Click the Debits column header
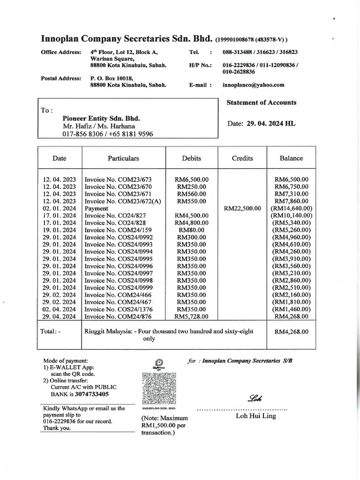pos(191,158)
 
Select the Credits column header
pos(242,158)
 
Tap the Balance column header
pos(291,158)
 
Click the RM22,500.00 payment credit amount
pos(242,208)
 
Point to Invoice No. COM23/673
pos(118,180)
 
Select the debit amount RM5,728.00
pos(191,317)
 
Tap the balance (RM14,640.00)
pos(291,208)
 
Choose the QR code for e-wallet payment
pos(158,389)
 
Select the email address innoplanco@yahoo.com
pos(254,85)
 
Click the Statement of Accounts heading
pos(261,103)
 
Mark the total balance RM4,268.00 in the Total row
pos(291,332)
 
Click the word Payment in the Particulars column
pos(96,208)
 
